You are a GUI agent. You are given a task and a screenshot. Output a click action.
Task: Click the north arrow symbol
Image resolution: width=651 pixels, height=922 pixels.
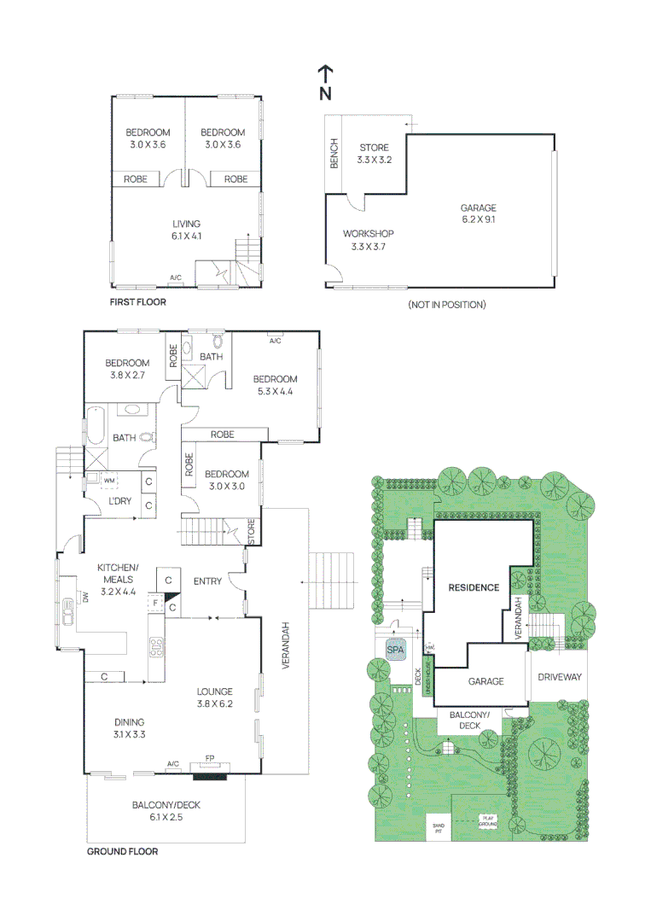pos(326,83)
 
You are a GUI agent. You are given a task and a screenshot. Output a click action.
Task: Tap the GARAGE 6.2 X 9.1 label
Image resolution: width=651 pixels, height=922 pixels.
pos(478,213)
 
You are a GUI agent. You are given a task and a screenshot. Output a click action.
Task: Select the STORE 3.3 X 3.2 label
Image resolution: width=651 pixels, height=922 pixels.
pos(374,154)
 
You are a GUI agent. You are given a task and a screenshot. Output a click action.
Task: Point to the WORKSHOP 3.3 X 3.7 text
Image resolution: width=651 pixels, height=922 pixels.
pos(368,240)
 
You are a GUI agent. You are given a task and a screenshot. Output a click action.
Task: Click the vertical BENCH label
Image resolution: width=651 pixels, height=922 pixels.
pos(334,153)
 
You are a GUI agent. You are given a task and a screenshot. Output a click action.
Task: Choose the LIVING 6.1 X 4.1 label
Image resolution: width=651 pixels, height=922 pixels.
pos(186,230)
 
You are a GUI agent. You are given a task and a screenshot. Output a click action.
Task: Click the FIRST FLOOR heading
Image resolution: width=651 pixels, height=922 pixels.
pos(138,302)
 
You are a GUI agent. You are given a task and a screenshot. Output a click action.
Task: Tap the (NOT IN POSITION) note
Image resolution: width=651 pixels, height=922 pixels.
pos(447,305)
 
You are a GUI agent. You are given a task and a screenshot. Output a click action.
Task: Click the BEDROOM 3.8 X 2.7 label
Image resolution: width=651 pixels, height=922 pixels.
pos(126,368)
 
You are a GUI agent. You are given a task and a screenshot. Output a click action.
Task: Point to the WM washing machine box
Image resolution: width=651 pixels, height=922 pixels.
pos(108,481)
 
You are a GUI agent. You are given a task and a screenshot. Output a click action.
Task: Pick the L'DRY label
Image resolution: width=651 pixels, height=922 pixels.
pos(119,501)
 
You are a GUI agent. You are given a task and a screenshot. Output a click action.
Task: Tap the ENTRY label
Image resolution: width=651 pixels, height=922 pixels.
pos(207,581)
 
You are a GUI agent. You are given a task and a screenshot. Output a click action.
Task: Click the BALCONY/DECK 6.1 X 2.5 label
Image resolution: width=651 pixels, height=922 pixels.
pos(166,811)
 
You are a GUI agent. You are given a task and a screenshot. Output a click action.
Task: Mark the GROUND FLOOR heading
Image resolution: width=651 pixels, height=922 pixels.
pos(122,851)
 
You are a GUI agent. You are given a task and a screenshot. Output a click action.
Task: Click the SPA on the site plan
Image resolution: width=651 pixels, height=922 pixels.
pos(395,651)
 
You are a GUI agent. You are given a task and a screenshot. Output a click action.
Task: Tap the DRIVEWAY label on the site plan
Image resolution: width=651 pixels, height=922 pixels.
pos(559,677)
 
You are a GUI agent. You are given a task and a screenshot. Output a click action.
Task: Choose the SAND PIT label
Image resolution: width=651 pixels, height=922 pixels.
pos(439,826)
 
